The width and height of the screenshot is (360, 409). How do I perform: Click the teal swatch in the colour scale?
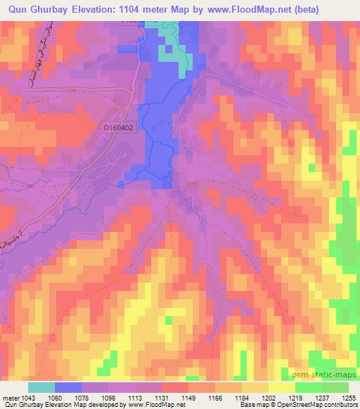coord(41,387)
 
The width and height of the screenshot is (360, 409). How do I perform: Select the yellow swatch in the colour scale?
coord(281,387)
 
